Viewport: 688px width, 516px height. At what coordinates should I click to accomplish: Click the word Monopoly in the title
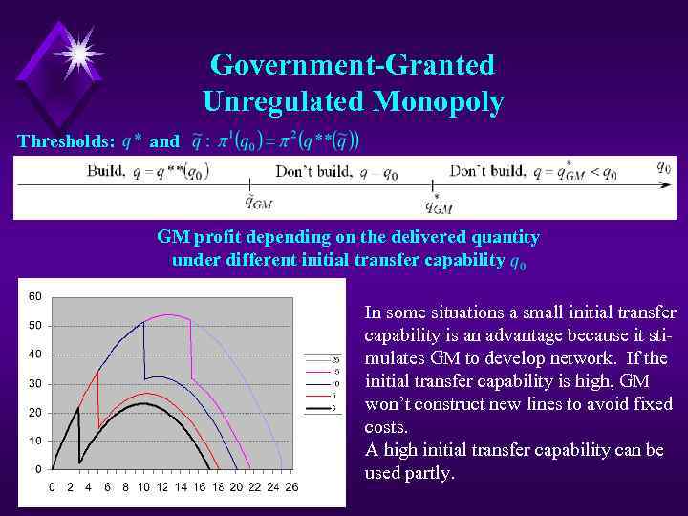coord(441,100)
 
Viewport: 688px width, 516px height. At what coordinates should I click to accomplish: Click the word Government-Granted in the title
coord(352,65)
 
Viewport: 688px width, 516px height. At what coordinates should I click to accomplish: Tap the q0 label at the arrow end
coord(664,165)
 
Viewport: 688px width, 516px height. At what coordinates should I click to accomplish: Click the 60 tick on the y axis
coord(34,296)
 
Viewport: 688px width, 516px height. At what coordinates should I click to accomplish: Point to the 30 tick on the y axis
coord(34,383)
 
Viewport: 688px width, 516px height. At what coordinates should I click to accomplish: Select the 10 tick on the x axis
coord(143,487)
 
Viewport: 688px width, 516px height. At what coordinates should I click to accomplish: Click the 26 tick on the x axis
coord(291,487)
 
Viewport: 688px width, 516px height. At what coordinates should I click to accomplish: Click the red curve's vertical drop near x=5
coord(98,399)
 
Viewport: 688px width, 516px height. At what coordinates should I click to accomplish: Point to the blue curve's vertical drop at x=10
coord(144,351)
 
